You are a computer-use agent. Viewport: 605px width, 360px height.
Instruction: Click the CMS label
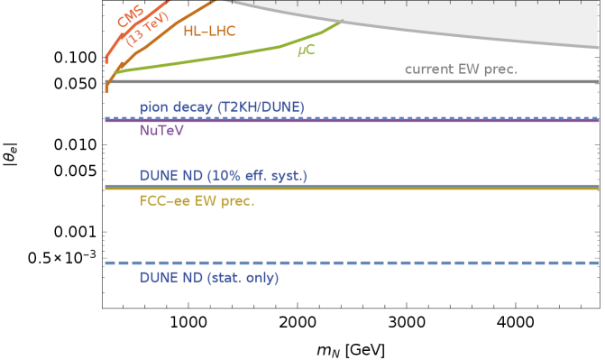coord(130,18)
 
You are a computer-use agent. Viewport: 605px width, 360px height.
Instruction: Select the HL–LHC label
coord(209,32)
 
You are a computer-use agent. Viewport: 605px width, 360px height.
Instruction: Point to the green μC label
coord(306,51)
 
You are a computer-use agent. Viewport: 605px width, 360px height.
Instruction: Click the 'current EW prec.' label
coord(461,69)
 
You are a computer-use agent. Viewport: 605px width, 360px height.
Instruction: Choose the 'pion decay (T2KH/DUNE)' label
coord(222,106)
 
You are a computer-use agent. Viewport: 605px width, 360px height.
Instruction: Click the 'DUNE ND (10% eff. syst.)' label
coord(224,175)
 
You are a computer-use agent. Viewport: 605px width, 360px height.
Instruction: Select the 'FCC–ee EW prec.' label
coord(197,200)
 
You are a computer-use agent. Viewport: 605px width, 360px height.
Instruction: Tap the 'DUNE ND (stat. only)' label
coord(209,277)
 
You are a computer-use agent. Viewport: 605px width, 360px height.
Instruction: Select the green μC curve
coord(225,54)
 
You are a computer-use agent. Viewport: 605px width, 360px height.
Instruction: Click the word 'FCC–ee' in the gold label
coord(164,200)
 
